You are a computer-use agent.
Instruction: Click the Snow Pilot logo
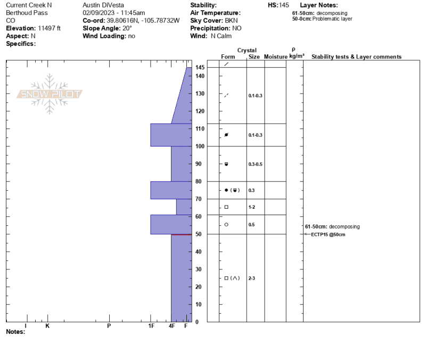[x=49, y=94]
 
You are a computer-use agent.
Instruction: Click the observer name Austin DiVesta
[x=103, y=5]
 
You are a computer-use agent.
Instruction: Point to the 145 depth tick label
[x=200, y=68]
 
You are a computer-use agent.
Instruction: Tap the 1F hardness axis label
[x=151, y=326]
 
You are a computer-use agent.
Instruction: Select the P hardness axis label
[x=109, y=326]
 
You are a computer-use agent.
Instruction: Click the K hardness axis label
[x=47, y=326]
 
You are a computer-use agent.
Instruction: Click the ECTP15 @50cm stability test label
[x=328, y=234]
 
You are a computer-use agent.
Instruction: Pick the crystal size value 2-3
[x=251, y=278]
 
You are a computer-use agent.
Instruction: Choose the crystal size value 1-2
[x=251, y=207]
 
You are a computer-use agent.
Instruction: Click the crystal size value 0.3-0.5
[x=256, y=164]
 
